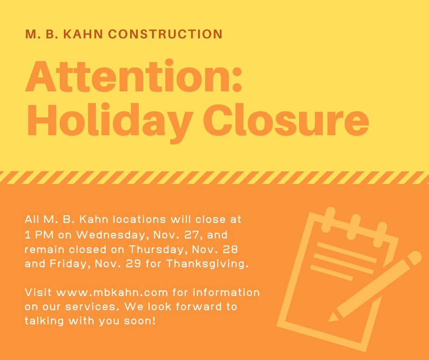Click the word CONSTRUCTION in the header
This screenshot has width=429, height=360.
[x=165, y=34]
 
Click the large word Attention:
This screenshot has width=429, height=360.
[x=134, y=76]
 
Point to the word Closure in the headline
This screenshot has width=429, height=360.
[x=286, y=120]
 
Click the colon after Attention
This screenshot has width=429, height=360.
[x=237, y=79]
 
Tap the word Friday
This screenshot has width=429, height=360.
[x=70, y=264]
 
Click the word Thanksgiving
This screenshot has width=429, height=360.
[x=207, y=264]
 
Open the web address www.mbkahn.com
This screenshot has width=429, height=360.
[x=112, y=292]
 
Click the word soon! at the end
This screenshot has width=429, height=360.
[x=140, y=321]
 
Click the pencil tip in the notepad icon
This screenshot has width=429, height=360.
[x=330, y=319]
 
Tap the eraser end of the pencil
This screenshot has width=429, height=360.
[x=415, y=258]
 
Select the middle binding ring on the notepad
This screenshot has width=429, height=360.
[x=354, y=227]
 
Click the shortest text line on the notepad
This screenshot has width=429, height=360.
[x=332, y=273]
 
